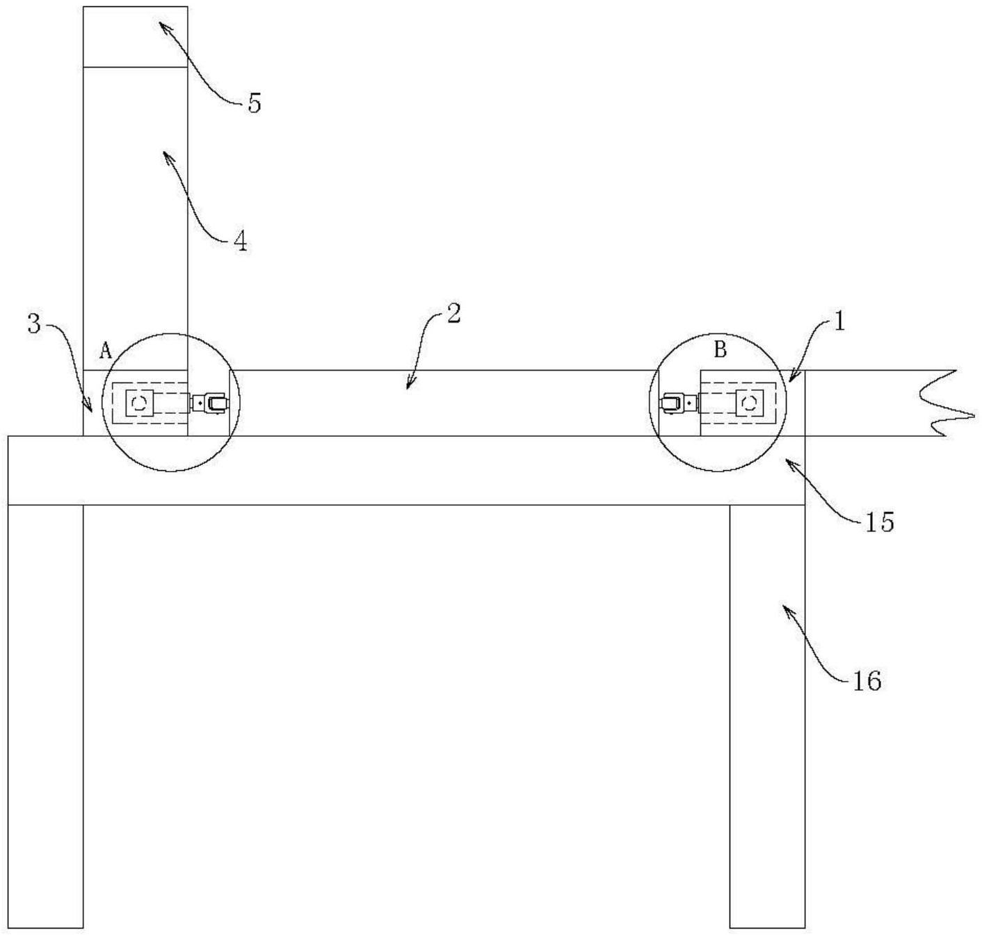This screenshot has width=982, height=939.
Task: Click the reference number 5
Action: (255, 104)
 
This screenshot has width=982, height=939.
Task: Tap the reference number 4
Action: (240, 241)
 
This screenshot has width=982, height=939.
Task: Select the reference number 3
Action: (34, 323)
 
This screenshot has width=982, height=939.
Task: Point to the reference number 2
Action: (453, 314)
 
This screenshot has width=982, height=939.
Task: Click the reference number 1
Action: (839, 321)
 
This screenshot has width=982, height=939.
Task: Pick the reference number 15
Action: (879, 522)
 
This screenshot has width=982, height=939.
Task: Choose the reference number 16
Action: (867, 681)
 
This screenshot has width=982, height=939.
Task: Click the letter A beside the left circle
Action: (106, 351)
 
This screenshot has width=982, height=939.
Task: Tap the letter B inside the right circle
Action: (720, 350)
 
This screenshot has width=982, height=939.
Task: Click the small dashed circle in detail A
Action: (139, 403)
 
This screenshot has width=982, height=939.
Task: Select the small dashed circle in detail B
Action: (750, 403)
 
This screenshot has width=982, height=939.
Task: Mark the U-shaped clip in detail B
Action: (671, 403)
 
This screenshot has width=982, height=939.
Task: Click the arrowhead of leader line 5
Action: (161, 24)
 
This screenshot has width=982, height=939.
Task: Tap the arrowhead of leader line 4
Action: (166, 134)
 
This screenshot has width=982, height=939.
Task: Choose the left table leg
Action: (45, 716)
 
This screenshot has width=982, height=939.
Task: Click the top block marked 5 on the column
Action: (135, 37)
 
